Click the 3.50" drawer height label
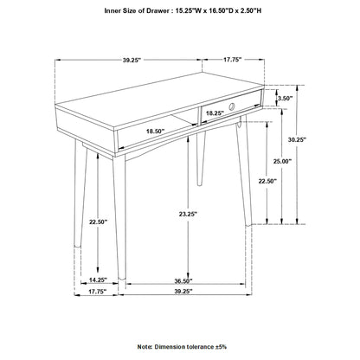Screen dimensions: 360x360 285,99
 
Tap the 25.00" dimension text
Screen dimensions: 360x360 282,160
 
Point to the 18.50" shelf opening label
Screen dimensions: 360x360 156,131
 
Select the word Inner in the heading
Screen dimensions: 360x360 116,11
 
